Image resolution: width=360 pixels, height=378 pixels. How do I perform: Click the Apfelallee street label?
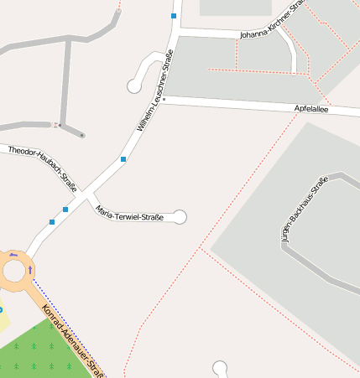click(x=311, y=109)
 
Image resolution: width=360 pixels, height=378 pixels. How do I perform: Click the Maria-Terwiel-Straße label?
click(x=129, y=212)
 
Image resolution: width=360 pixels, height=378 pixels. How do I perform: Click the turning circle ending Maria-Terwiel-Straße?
click(x=180, y=217)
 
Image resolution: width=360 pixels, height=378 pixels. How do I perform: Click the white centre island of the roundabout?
click(x=14, y=270)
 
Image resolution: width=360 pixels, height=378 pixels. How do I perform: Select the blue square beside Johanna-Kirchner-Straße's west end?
click(x=174, y=16)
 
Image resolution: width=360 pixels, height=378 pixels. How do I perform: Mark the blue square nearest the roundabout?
click(x=52, y=222)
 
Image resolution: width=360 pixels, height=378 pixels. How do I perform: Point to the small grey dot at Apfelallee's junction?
click(x=164, y=99)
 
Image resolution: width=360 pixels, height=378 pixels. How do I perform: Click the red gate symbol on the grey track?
click(x=58, y=125)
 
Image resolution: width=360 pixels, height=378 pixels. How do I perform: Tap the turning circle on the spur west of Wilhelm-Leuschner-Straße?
click(x=133, y=85)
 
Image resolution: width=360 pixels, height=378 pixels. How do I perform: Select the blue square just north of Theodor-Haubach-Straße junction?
click(x=123, y=158)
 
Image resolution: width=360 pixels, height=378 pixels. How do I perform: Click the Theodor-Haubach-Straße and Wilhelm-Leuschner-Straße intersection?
click(x=85, y=194)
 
